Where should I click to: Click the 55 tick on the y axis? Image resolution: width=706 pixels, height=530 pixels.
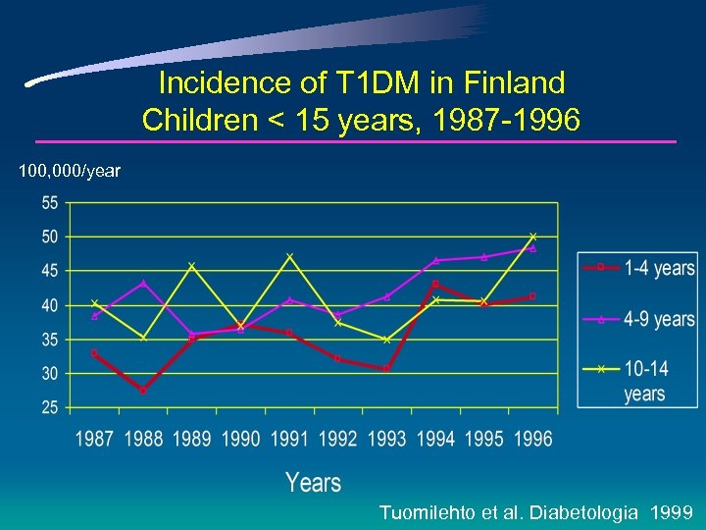click(x=49, y=202)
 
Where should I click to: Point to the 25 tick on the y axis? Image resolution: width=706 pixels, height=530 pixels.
click(x=49, y=407)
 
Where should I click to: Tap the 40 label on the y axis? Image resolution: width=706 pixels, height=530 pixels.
click(x=49, y=305)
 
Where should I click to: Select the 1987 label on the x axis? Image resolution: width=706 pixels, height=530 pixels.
click(x=94, y=439)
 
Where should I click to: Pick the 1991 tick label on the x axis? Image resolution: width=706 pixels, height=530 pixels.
click(x=289, y=439)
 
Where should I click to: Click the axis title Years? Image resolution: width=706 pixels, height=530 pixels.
click(x=313, y=482)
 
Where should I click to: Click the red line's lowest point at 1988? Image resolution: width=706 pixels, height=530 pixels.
click(x=143, y=391)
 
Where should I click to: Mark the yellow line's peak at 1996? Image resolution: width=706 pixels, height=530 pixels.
click(x=532, y=237)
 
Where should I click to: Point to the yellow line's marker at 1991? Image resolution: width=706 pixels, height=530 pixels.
click(x=289, y=256)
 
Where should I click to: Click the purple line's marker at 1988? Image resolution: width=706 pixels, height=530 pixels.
click(x=143, y=283)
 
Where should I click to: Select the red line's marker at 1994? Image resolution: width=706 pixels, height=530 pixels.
click(x=435, y=285)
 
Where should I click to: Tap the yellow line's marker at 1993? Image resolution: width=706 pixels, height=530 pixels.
click(x=386, y=340)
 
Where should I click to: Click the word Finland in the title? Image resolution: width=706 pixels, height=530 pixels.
click(x=515, y=81)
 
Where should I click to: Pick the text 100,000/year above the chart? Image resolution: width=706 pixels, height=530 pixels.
click(x=70, y=172)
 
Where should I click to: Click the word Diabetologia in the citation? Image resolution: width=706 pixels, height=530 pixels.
click(x=582, y=512)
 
